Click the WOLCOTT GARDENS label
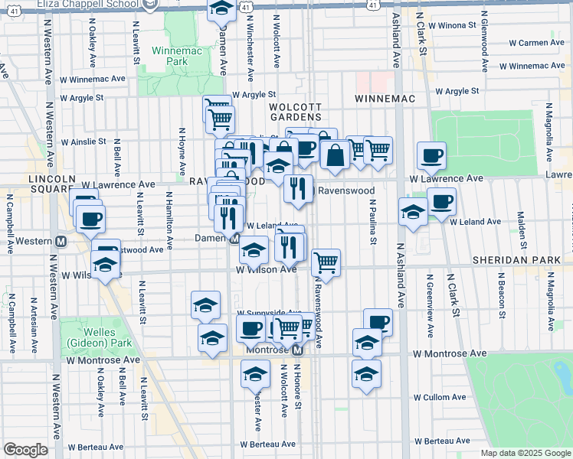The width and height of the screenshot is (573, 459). pyautogui.click(x=295, y=110)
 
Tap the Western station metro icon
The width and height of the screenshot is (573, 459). pyautogui.click(x=62, y=240)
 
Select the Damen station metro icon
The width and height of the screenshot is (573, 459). pyautogui.click(x=235, y=239)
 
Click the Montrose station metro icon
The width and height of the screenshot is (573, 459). pyautogui.click(x=299, y=349)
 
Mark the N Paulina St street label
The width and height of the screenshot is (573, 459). pyautogui.click(x=373, y=223)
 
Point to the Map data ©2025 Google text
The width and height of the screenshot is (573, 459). pyautogui.click(x=524, y=453)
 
